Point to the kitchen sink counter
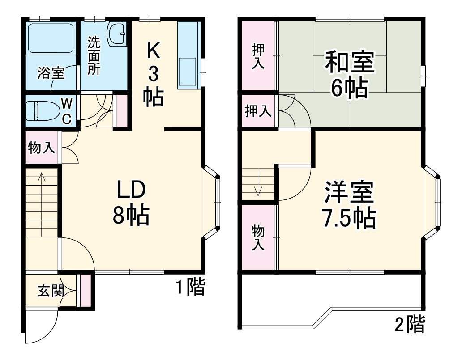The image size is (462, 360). click(x=188, y=56)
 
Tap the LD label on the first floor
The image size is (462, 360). click(x=131, y=190)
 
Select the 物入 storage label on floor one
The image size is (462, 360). click(x=42, y=148)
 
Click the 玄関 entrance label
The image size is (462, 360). click(x=50, y=291)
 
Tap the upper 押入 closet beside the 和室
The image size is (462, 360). click(x=257, y=56)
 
